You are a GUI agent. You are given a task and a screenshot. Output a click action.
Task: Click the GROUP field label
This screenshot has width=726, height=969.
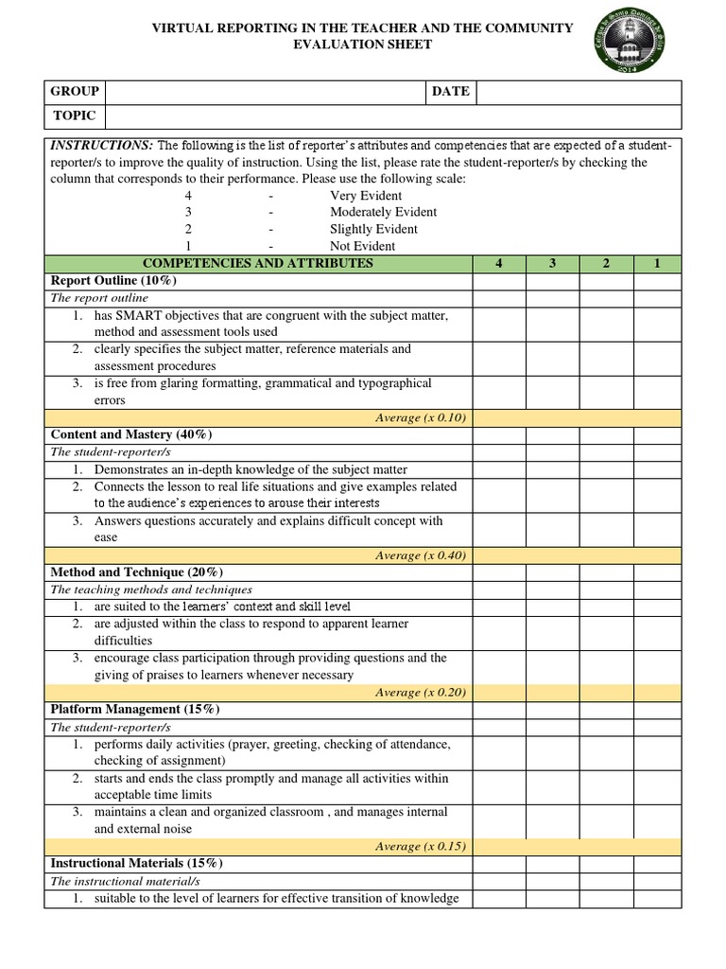[75, 92]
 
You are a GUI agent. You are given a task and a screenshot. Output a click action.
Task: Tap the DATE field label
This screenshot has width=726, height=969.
[450, 92]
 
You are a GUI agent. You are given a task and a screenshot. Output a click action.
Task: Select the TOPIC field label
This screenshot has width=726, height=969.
[74, 116]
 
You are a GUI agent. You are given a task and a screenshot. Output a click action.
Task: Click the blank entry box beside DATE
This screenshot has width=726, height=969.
[579, 92]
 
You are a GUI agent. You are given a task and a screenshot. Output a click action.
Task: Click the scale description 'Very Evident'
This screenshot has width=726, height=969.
[366, 195]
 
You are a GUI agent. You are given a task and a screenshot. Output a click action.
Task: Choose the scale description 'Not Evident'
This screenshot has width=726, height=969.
[362, 246]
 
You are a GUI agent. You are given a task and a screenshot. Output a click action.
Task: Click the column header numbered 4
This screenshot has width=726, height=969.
[498, 263]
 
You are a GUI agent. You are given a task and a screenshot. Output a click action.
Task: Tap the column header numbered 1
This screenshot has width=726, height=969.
[656, 263]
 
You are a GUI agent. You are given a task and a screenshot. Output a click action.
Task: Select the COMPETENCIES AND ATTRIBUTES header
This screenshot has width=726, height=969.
[257, 263]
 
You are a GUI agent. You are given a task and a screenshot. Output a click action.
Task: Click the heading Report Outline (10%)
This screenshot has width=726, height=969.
[113, 281]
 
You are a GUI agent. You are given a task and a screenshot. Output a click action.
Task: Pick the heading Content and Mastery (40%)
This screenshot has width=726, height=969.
[131, 434]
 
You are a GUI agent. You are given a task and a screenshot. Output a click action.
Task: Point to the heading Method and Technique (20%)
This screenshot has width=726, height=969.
[136, 572]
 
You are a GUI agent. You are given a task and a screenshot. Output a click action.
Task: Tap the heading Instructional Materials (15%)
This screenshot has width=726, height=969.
[136, 863]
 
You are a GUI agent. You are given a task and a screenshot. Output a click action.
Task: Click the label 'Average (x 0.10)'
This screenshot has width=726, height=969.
[421, 417]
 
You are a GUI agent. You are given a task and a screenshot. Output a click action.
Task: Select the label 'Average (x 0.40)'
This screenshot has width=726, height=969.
[421, 555]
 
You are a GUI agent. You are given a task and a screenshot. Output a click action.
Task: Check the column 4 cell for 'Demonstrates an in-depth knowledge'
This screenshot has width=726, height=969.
[498, 469]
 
